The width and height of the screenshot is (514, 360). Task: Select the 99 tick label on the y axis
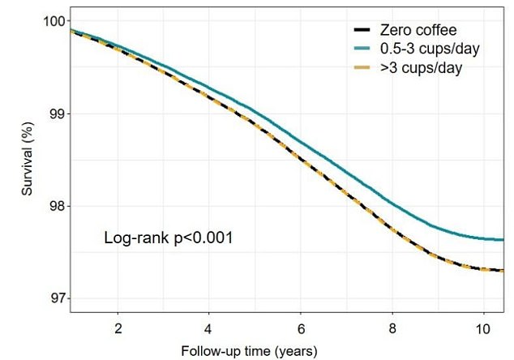55,114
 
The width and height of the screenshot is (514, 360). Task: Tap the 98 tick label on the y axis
55,206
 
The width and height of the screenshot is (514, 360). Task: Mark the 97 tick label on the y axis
55,298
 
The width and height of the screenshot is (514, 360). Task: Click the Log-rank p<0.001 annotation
169,238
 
